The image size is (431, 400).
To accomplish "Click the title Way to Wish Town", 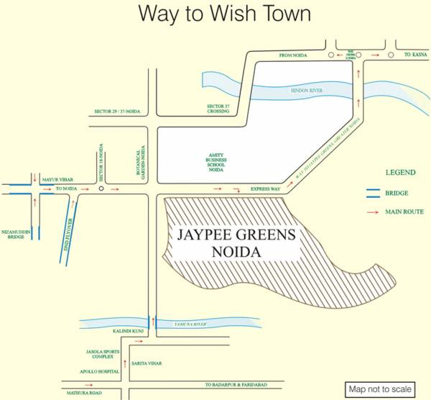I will (215, 14).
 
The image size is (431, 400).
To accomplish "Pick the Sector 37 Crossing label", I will (218, 109).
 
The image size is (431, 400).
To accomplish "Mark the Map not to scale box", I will (380, 389).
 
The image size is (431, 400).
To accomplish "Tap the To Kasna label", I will (415, 55).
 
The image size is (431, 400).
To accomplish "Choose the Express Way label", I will (264, 188).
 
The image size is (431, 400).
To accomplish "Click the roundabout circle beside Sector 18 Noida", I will (102, 189).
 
